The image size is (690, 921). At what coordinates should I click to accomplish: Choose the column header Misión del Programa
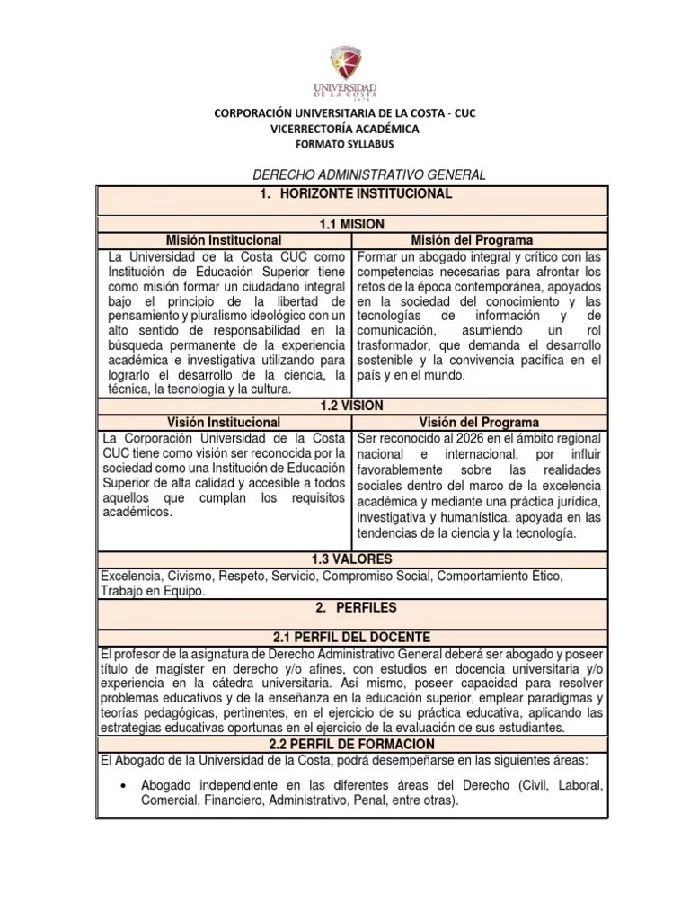472,240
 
